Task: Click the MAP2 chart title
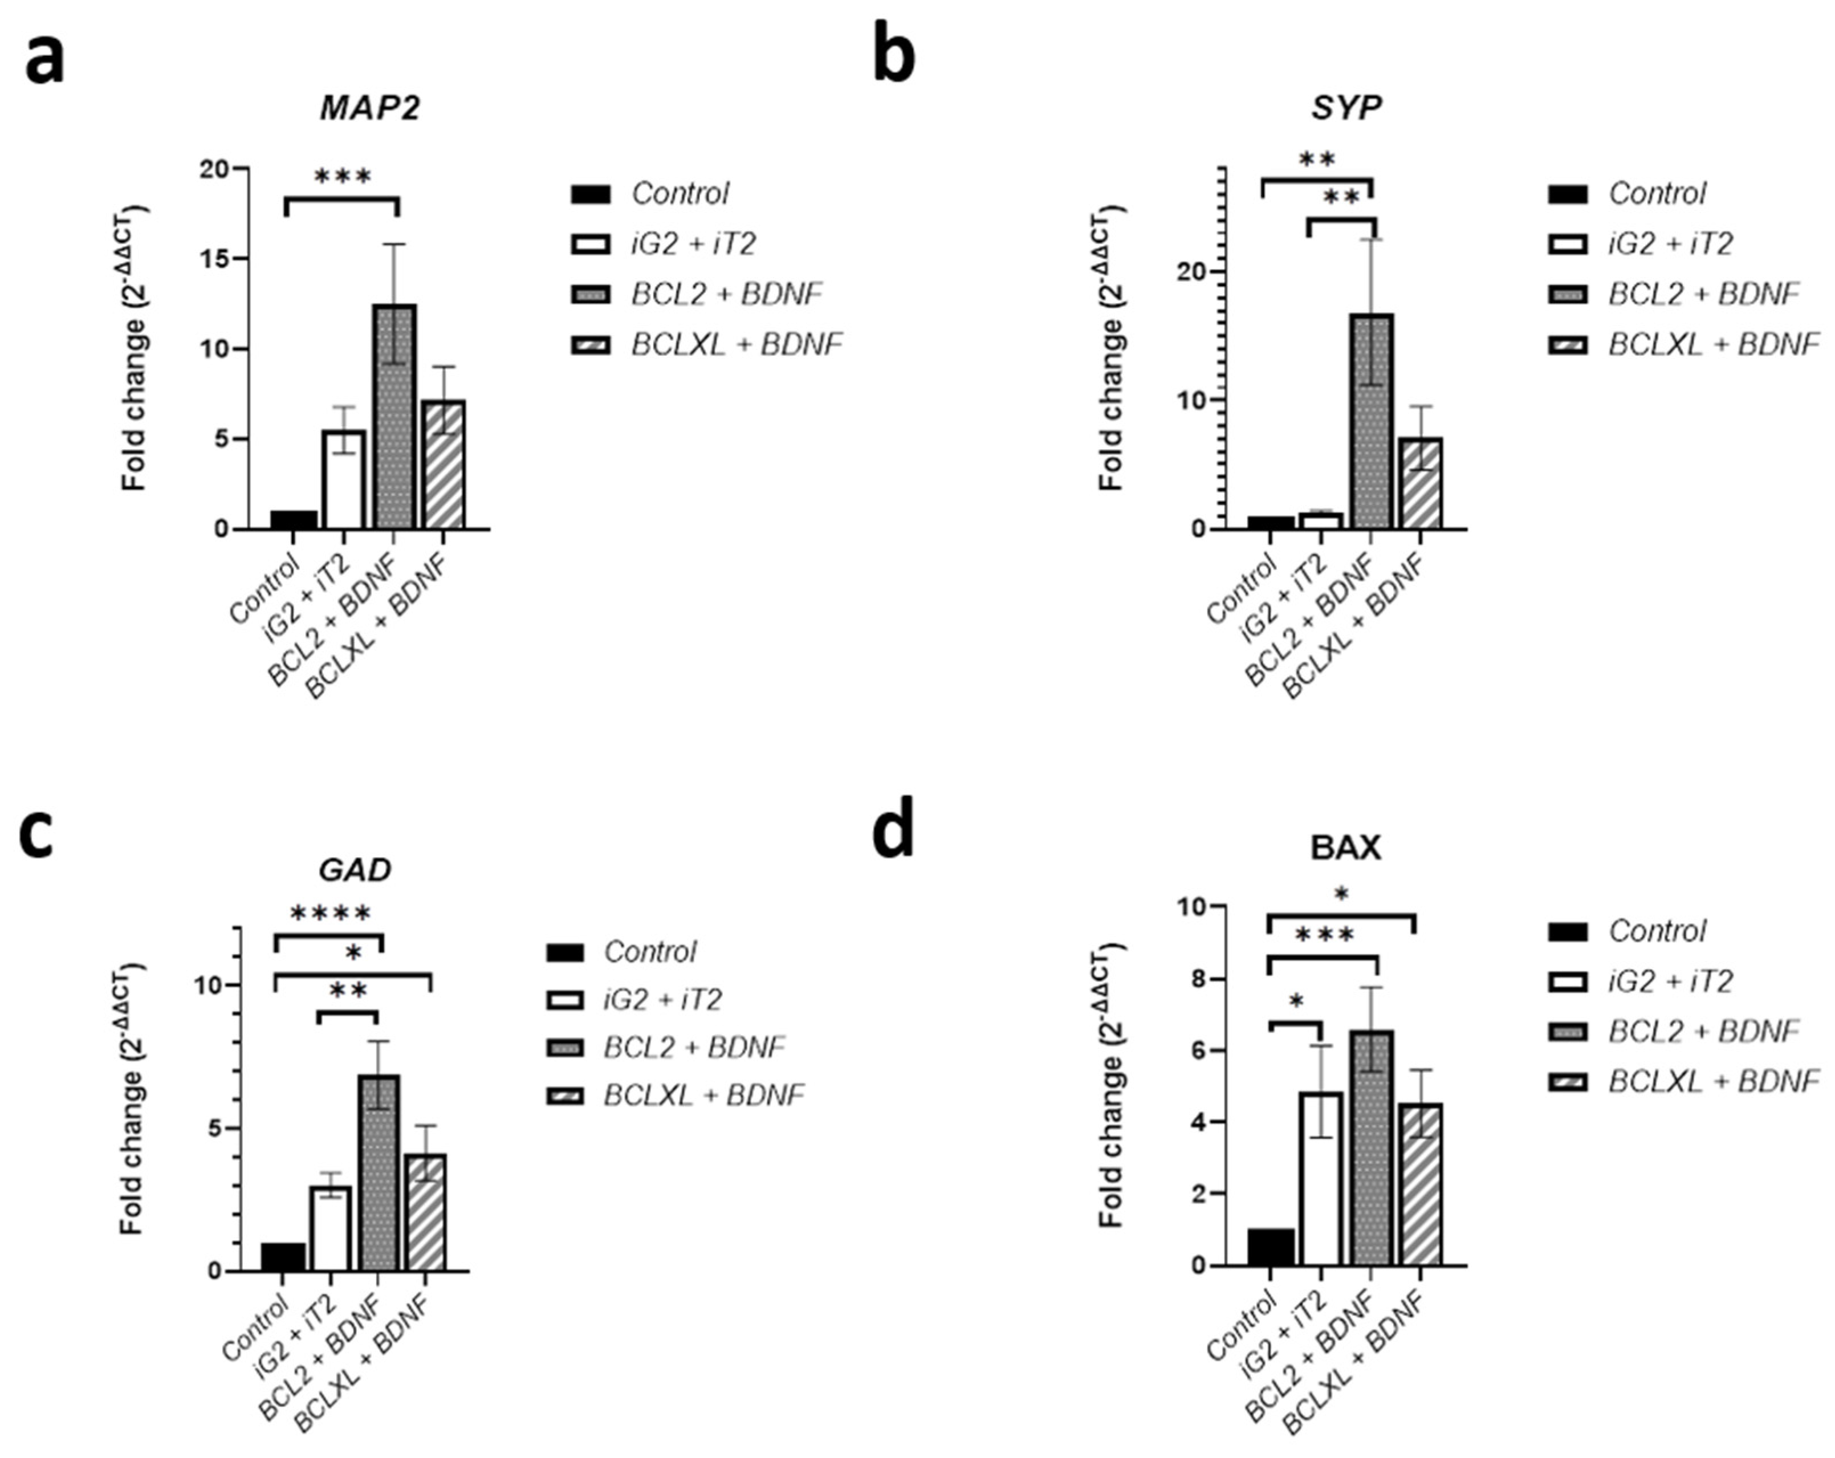369,108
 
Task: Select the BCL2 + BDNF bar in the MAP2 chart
393,417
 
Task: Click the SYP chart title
1346,108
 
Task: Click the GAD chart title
355,869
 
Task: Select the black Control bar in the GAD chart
283,1257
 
